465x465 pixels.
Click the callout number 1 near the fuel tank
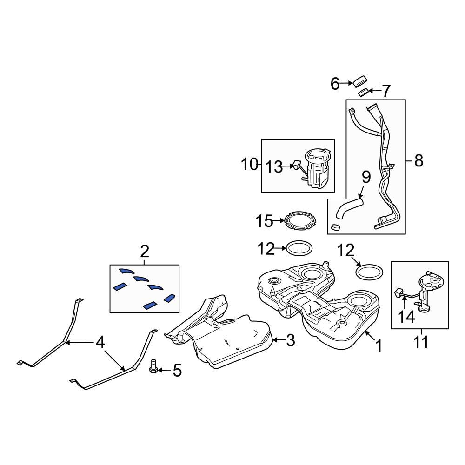click(x=379, y=345)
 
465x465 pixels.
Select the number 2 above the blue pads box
click(x=145, y=252)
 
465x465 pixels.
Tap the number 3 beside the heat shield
click(x=290, y=341)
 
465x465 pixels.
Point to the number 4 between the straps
click(x=100, y=343)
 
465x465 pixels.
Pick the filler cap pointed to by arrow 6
click(x=360, y=81)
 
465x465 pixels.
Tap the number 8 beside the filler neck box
click(x=418, y=161)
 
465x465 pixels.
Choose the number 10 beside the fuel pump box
click(x=249, y=164)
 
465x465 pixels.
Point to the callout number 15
click(x=264, y=221)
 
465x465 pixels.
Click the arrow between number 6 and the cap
click(x=347, y=83)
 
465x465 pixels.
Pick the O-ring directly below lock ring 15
click(x=298, y=248)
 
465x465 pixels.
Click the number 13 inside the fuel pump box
click(x=274, y=166)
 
